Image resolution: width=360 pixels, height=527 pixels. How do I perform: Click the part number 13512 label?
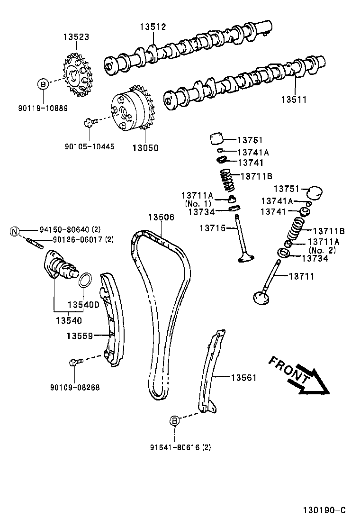153,27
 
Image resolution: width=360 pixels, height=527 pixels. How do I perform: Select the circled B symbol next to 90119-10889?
43,85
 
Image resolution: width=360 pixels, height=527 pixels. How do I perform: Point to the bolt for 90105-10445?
89,123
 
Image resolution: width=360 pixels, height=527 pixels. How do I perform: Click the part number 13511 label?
294,100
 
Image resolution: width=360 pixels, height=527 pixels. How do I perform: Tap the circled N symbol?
15,231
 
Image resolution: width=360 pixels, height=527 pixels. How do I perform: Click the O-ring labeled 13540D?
84,281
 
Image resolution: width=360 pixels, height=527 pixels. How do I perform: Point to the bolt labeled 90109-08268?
75,363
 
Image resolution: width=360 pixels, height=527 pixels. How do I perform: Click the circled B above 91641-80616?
174,420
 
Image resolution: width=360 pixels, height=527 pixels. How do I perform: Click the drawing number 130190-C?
324,510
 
